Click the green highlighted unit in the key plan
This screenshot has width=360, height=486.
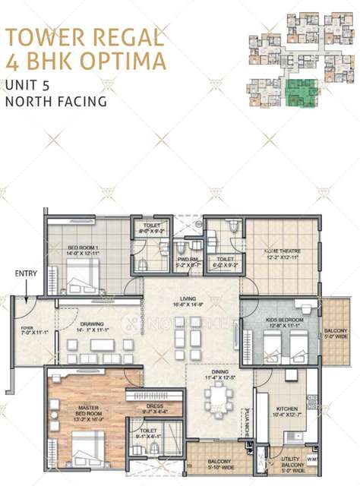pos(302,93)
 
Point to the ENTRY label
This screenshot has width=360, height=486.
pos(26,273)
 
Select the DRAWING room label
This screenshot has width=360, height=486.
pos(95,326)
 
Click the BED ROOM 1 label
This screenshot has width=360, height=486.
pos(83,248)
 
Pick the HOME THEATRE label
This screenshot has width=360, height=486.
pos(280,254)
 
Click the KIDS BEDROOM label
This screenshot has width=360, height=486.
pos(284,320)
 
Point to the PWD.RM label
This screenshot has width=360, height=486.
pos(188,259)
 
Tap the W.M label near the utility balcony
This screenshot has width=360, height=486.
pos(312,458)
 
